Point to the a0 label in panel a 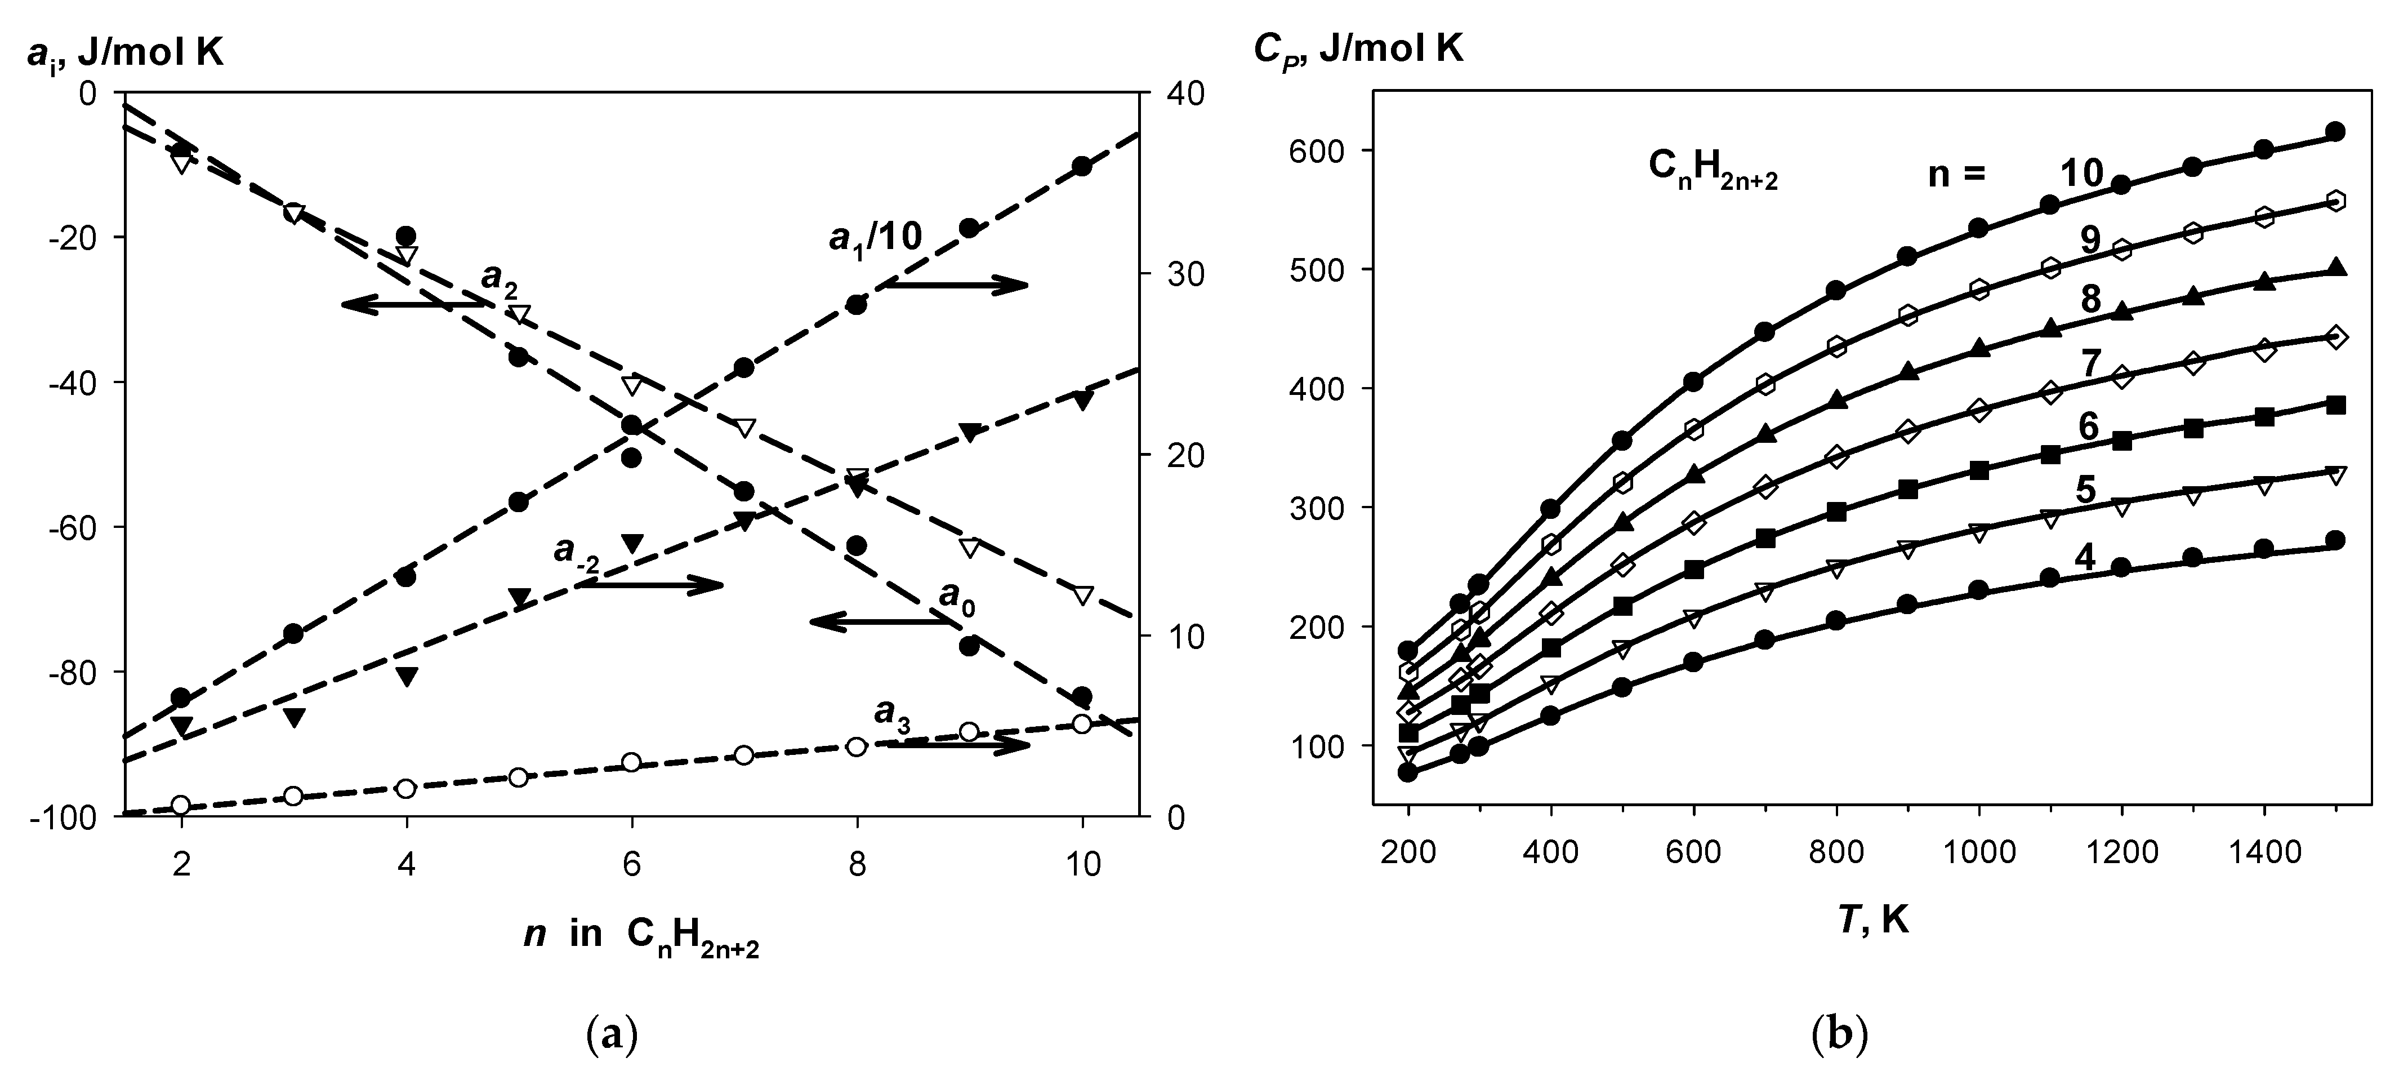point(957,595)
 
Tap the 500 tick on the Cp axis point(1312,270)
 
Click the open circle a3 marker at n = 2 point(181,805)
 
